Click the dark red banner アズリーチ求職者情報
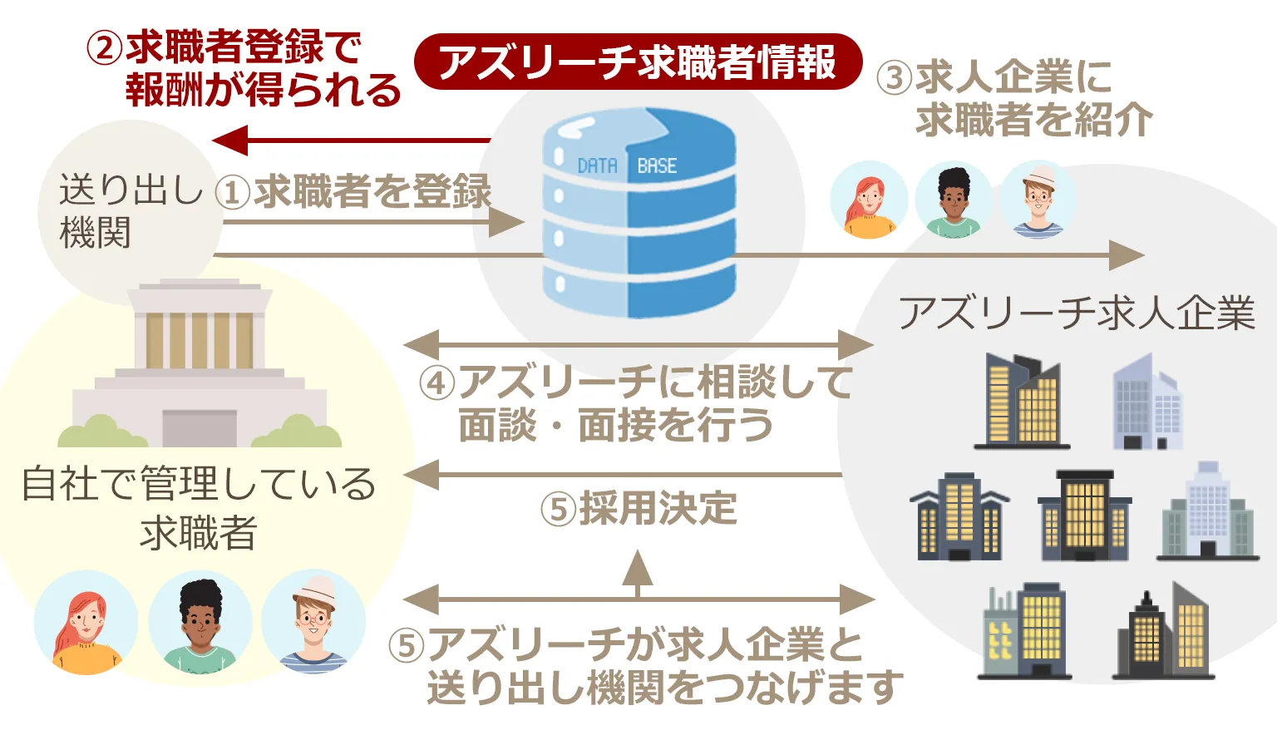638,62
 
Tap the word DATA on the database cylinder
597,166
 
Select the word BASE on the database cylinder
657,166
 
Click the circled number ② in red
105,48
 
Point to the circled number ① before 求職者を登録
233,193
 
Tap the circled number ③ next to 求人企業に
895,79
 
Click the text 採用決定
658,508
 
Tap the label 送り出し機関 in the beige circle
129,211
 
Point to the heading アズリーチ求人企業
1076,313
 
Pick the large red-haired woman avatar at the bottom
85,624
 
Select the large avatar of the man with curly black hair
200,624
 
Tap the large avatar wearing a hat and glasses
313,624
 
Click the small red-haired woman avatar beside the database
869,200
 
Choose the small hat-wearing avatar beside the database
1038,200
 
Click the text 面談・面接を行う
615,426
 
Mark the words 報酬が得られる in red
263,90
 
